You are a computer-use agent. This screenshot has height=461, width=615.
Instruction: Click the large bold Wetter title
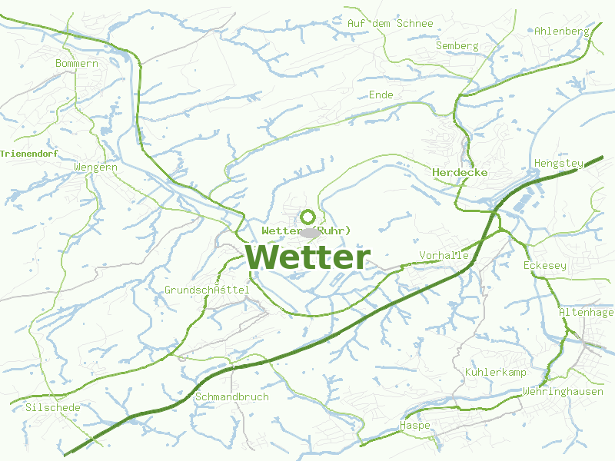[x=308, y=257]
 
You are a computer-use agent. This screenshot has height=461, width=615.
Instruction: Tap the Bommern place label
[x=77, y=63]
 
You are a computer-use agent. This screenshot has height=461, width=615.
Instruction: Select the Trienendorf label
[x=29, y=154]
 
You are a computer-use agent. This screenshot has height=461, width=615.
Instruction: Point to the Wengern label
[x=95, y=167]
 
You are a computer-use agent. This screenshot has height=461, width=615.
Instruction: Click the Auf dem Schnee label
[x=390, y=23]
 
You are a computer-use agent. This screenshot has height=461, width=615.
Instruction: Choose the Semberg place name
[x=457, y=45]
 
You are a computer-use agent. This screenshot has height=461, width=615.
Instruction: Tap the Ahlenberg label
[x=561, y=32]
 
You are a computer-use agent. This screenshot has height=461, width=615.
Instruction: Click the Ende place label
[x=381, y=95]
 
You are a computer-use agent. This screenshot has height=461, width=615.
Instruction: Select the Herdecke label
[x=460, y=172]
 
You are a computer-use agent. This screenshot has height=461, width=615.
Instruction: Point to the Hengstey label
[x=558, y=164]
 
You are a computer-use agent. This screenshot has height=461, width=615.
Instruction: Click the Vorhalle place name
[x=444, y=255]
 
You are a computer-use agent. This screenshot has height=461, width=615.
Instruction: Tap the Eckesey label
[x=544, y=265]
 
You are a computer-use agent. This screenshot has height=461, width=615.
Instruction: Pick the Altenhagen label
[x=587, y=312]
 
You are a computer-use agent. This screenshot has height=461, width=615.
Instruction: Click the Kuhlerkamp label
[x=495, y=372]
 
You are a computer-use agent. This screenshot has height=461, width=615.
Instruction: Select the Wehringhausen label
[x=563, y=392]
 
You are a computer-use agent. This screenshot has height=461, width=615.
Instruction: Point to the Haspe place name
[x=415, y=425]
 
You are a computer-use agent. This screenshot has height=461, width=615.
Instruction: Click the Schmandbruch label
[x=232, y=396]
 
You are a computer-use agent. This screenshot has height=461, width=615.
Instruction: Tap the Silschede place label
[x=52, y=407]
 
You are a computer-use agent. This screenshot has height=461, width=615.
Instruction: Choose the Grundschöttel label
[x=207, y=290]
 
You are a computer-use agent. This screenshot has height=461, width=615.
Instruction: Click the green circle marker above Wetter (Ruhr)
[x=307, y=217]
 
